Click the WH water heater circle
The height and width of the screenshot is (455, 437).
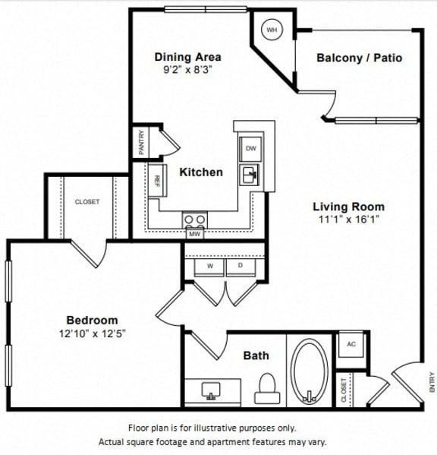coord(271,30)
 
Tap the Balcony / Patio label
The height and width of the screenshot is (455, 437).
coord(359,58)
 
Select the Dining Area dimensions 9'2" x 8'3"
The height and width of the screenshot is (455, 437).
coord(187,70)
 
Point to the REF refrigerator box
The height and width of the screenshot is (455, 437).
coord(157,181)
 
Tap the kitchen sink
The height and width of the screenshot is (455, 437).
coord(250,176)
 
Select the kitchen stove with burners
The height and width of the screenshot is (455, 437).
coord(194,221)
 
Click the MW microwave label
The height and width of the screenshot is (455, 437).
coord(194,234)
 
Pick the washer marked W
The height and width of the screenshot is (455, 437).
coord(209,267)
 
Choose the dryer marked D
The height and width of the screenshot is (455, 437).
coord(241,267)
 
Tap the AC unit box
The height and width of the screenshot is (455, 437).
coord(350,343)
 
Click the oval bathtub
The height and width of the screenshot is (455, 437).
coord(310,371)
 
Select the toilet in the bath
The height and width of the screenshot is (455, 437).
coord(266,389)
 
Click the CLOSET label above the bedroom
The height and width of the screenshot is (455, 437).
coord(86,202)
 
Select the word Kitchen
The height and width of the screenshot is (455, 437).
coord(201,172)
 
